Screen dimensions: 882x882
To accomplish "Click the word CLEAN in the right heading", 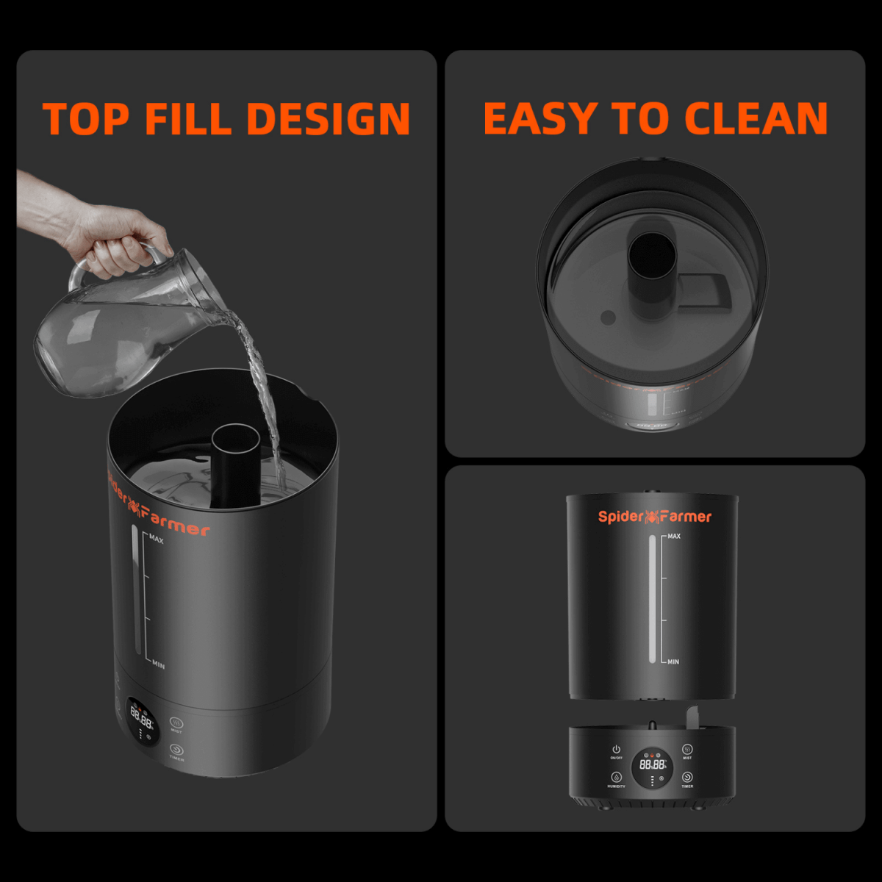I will point(756,119).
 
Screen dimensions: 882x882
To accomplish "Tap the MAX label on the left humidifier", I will point(157,539).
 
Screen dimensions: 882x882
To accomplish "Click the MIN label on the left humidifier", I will point(158,665).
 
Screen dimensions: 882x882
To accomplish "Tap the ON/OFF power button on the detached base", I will point(616,749).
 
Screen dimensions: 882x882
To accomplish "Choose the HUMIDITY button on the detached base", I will point(616,778).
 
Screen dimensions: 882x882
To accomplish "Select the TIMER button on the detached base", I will point(687,778).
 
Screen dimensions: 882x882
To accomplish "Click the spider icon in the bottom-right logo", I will point(651,517).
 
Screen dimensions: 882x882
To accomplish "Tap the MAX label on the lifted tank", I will point(673,537).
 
